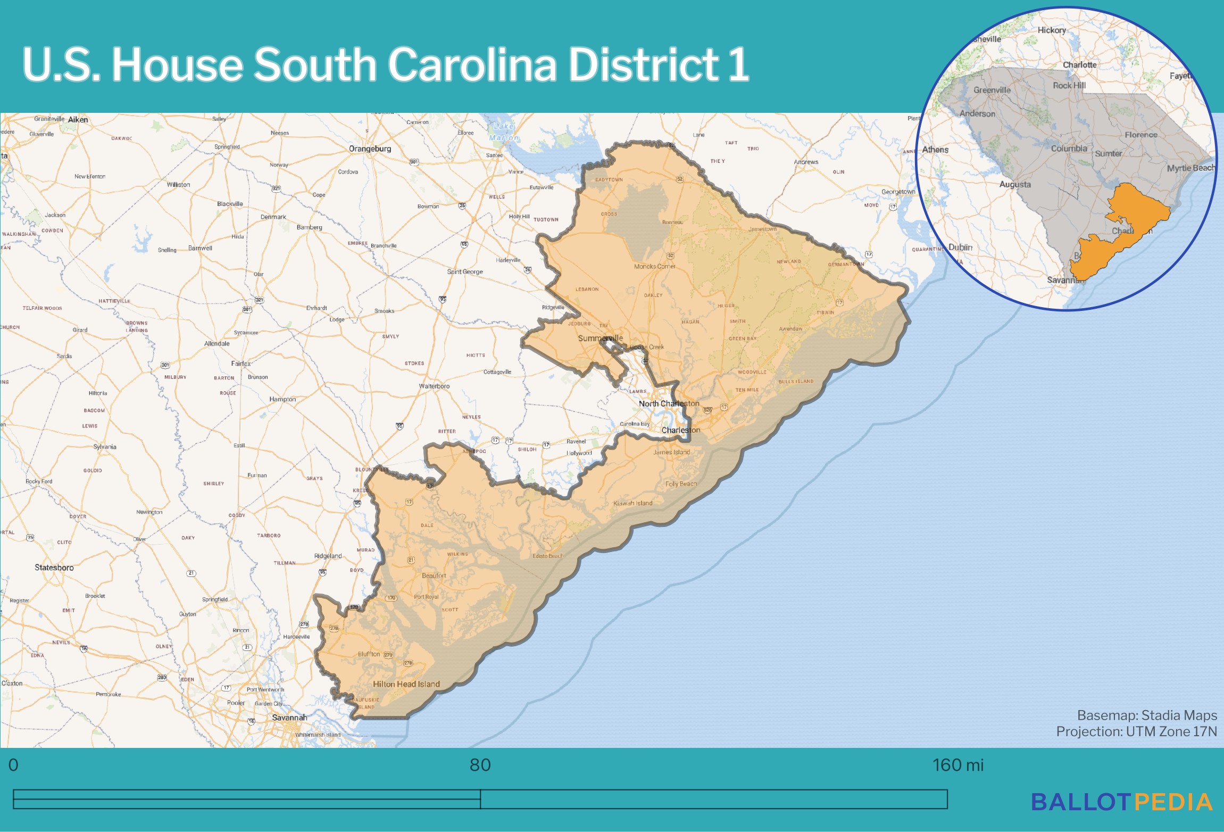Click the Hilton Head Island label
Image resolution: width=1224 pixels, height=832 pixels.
coord(406,684)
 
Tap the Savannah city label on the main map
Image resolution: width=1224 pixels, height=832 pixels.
coord(289,718)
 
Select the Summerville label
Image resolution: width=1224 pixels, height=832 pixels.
coord(600,338)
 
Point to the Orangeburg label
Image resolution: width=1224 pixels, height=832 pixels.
coord(370,149)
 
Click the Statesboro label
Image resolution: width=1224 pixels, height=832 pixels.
coord(54,567)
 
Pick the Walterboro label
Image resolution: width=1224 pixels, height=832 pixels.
coord(434,386)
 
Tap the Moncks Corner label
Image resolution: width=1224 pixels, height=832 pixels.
coord(654,266)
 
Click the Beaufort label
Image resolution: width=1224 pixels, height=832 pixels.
coord(434,575)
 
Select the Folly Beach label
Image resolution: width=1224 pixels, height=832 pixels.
coord(680,484)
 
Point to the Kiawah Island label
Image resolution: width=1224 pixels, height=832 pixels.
coord(632,503)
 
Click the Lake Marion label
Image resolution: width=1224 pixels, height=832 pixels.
coord(503,132)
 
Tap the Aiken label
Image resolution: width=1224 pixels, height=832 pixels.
coord(78,120)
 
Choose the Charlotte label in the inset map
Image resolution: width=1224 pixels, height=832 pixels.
coord(1079,65)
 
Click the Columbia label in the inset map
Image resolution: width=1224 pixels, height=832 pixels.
coord(1069,149)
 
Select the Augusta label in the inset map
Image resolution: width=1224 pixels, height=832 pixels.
coord(1014,185)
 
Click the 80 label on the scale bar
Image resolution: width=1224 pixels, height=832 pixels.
coord(480,765)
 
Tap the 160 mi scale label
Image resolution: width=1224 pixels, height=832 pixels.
coord(957,765)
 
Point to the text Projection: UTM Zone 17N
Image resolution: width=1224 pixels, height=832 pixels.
coord(1136,731)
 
